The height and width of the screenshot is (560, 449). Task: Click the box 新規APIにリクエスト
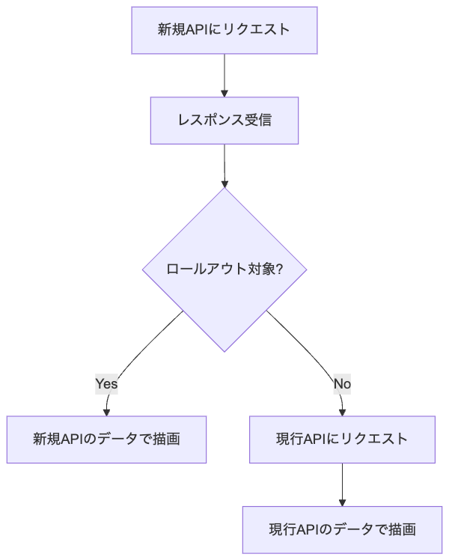[x=224, y=31]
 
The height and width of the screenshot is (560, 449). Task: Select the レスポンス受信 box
[x=224, y=121]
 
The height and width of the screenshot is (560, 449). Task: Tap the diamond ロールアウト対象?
[x=224, y=270]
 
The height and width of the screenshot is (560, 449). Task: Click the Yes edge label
[x=106, y=384]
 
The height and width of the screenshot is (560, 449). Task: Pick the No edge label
[x=342, y=384]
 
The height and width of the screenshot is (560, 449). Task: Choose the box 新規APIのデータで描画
[x=106, y=439]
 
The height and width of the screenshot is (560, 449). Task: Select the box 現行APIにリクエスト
[x=342, y=439]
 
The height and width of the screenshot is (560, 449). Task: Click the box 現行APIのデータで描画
[x=342, y=530]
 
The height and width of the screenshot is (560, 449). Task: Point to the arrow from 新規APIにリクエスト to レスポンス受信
[x=224, y=76]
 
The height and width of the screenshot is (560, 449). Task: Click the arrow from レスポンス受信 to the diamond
[x=224, y=166]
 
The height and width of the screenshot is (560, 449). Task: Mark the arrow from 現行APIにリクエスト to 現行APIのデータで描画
[x=342, y=484]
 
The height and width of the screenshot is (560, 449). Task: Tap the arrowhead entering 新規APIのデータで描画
[x=106, y=413]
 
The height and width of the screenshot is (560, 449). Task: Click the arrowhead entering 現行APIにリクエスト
[x=342, y=413]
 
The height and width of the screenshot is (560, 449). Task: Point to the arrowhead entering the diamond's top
[x=224, y=184]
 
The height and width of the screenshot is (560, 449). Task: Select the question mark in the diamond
[x=279, y=269]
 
